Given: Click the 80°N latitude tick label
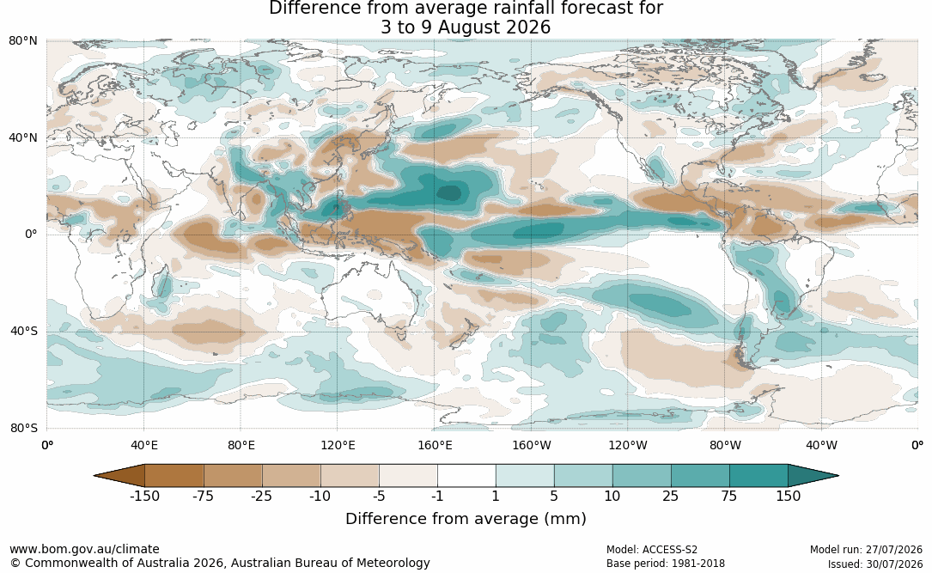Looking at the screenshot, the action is (x=22, y=41).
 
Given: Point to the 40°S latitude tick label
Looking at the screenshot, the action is (x=24, y=331).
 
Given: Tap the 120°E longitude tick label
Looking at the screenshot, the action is (x=338, y=445).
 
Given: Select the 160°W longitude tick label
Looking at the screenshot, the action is (x=532, y=445).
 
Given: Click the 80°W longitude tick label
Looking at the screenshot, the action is (x=725, y=445).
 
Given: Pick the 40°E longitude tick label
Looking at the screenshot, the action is (x=143, y=445).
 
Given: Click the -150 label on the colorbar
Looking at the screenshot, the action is (x=144, y=496).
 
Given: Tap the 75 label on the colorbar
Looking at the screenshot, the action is (x=729, y=496).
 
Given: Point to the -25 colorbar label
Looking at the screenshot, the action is (x=261, y=496).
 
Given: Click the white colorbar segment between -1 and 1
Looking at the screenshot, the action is (x=466, y=476).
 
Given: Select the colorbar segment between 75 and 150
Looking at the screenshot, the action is (x=758, y=476).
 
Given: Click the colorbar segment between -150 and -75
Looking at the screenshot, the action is (x=174, y=476).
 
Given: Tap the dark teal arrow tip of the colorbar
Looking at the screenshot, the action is (x=813, y=476).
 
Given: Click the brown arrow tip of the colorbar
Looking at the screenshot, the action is (x=119, y=476).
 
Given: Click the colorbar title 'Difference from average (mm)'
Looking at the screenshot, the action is (x=466, y=518).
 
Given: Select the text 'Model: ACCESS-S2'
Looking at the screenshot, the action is (x=652, y=549).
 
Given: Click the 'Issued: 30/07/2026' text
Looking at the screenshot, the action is (x=875, y=564).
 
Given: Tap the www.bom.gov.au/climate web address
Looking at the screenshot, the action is (x=84, y=549).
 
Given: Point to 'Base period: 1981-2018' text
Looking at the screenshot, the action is (x=666, y=564).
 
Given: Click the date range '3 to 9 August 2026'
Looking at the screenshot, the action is (x=466, y=27).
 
